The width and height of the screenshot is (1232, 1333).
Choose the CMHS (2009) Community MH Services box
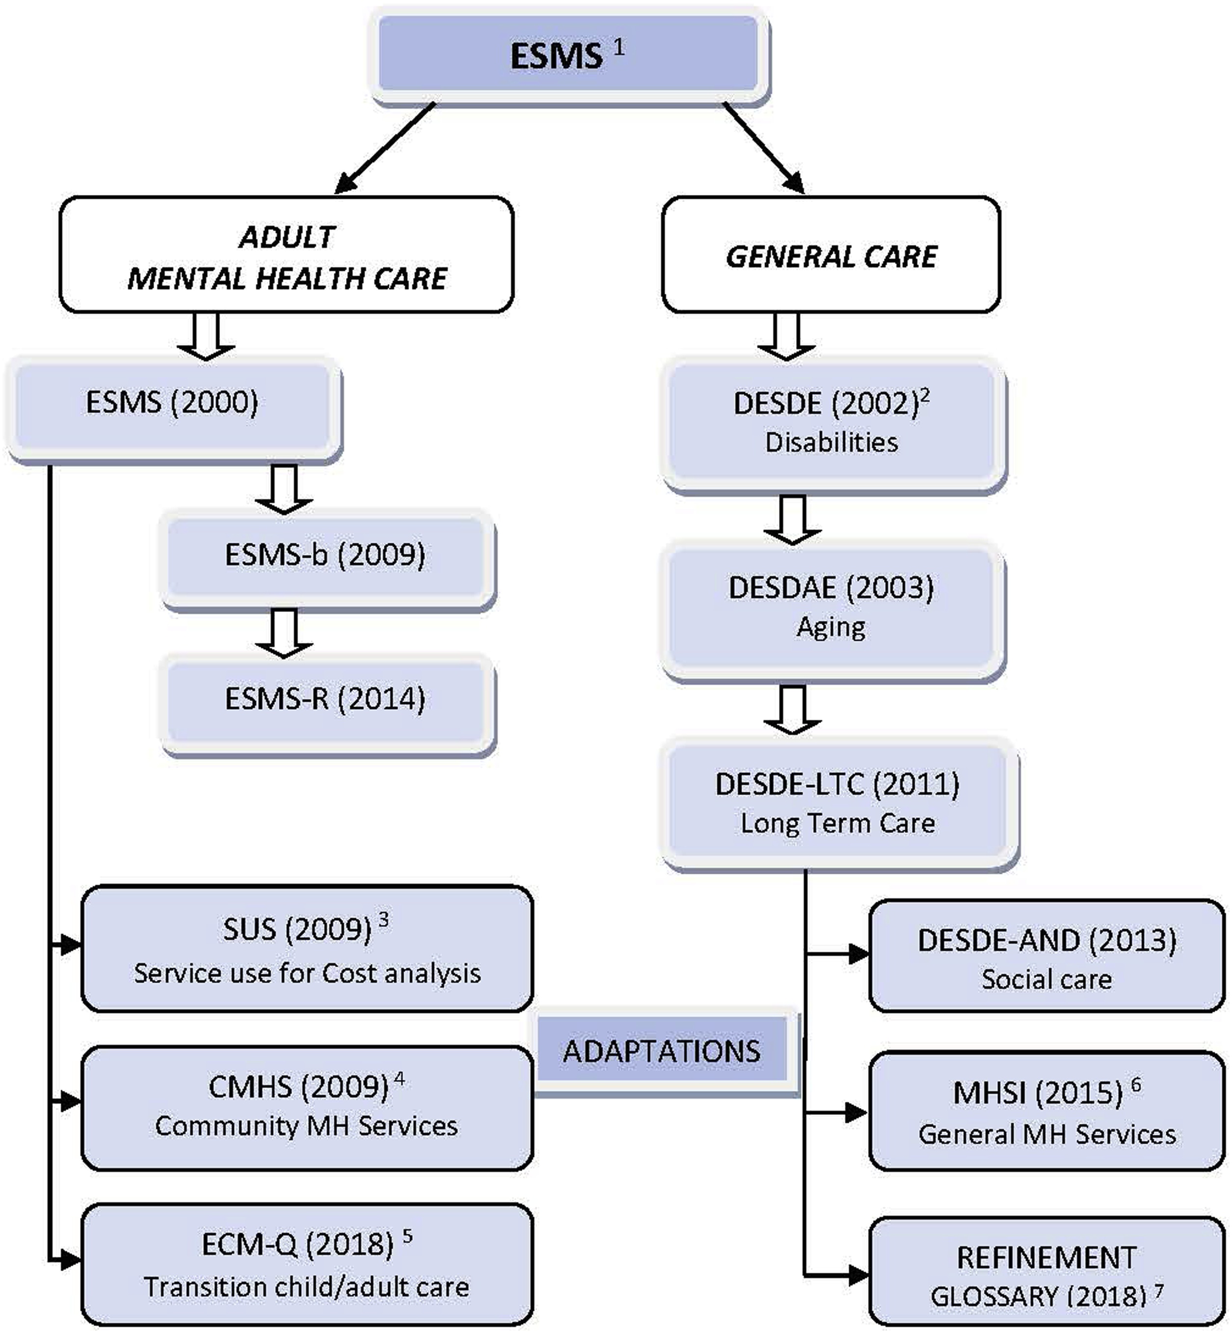[x=307, y=1108]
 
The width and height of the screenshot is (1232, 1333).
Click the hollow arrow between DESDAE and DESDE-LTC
[x=792, y=709]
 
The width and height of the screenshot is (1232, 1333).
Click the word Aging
[x=831, y=627]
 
